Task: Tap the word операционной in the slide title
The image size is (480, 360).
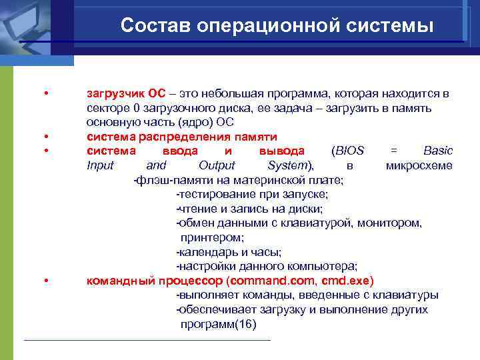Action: [263, 25]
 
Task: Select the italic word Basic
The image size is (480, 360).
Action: [438, 151]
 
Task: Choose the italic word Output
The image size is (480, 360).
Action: [217, 165]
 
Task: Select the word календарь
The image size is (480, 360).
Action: [206, 252]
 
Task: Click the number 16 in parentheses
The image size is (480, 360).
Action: [245, 324]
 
